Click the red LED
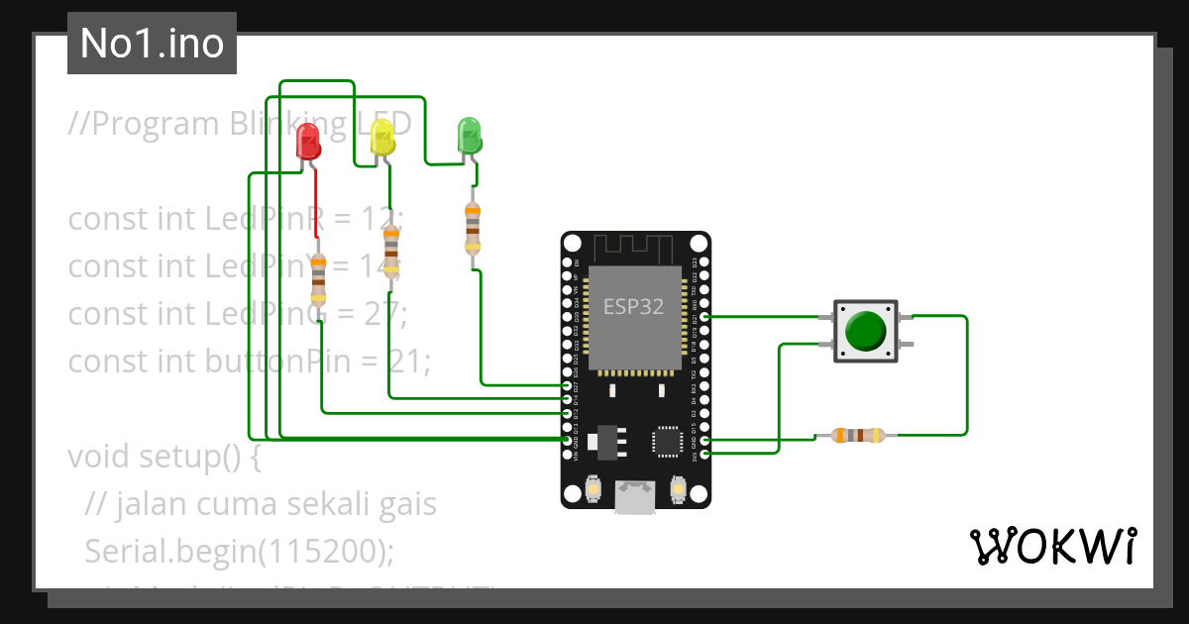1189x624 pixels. point(309,142)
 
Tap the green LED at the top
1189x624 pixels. point(469,135)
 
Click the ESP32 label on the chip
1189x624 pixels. point(634,306)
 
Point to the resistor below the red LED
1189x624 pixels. point(318,278)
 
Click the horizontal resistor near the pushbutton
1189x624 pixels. point(857,435)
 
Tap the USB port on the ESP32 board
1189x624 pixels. point(635,496)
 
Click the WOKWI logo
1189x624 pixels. point(1052,547)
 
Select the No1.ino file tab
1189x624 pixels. point(152,44)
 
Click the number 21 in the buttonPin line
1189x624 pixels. point(400,362)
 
